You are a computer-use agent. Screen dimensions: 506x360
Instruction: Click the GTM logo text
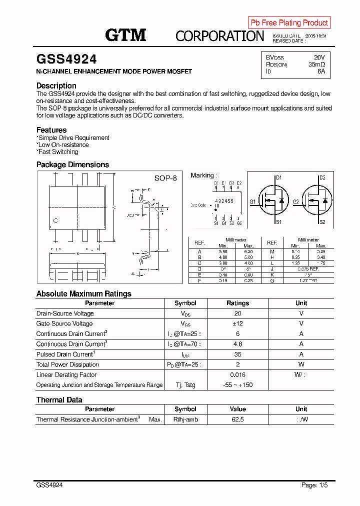coord(125,35)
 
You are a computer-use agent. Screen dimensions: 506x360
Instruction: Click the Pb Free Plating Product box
coord(289,22)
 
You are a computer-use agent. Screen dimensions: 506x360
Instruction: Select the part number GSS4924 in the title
coord(66,59)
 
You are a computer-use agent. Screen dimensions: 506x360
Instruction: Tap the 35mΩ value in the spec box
coord(316,64)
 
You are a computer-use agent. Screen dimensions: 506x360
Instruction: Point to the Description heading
coord(56,85)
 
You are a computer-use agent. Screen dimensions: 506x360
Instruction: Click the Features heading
coord(51,130)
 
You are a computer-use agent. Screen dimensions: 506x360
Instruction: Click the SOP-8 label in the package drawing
coord(165,178)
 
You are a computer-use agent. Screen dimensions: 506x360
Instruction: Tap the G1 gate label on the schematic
coord(252,201)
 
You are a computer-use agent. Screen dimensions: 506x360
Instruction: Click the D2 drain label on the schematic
coord(322,178)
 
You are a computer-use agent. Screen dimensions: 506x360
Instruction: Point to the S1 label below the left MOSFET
coord(279,222)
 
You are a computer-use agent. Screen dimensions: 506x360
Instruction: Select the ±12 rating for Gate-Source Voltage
coord(237,323)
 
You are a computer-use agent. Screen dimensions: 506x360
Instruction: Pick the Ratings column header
coord(237,303)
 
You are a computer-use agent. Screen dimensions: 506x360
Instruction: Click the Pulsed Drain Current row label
coord(65,354)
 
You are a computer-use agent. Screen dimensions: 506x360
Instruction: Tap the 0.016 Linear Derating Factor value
coord(237,374)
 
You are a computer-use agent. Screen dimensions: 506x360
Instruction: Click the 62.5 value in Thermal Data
coord(237,419)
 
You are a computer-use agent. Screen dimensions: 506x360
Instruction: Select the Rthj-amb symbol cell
coord(185,419)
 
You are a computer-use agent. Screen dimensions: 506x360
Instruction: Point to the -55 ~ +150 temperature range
coord(237,385)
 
